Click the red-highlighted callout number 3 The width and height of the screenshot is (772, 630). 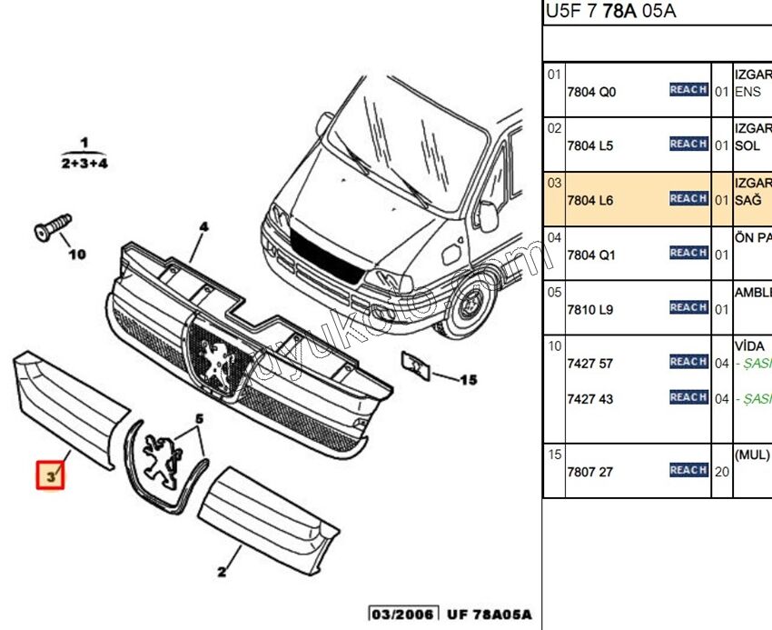click(50, 475)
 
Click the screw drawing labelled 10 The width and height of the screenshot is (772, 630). click(53, 226)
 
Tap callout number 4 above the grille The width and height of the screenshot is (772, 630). click(204, 226)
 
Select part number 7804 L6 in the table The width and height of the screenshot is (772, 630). click(591, 199)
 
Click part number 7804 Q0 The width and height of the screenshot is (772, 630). click(591, 92)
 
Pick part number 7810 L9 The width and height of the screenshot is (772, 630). click(590, 309)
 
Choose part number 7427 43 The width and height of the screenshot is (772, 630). click(590, 399)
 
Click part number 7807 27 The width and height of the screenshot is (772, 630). click(590, 471)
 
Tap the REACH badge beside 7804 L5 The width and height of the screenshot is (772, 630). click(688, 144)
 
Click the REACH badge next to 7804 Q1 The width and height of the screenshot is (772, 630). click(688, 253)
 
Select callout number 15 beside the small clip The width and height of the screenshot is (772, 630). click(468, 380)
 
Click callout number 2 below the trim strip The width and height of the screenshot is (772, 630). click(221, 572)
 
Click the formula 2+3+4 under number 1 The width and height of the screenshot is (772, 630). click(84, 163)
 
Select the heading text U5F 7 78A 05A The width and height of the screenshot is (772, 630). click(610, 12)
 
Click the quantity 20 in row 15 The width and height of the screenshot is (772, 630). click(722, 471)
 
